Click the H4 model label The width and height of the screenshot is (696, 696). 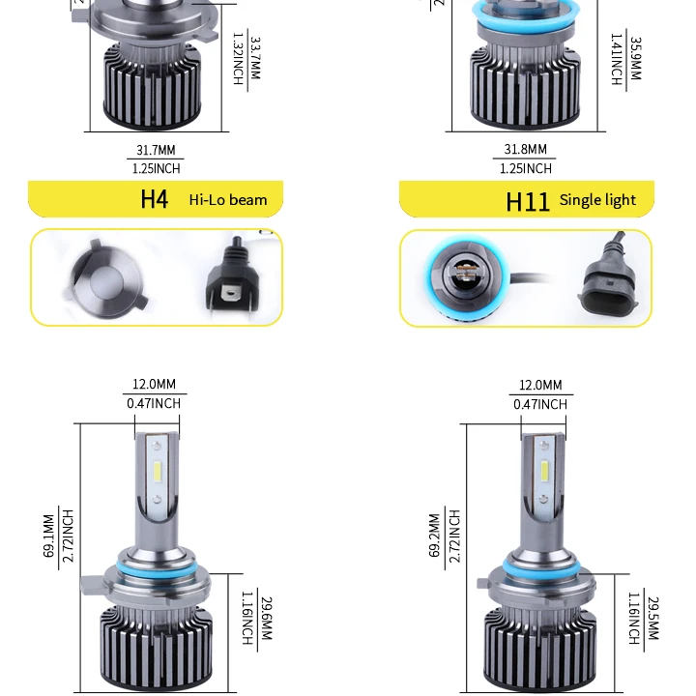pos(154,199)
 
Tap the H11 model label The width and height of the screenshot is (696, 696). pos(527,201)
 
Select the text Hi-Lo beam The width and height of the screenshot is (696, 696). pos(228,200)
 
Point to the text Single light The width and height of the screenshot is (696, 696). pos(597,200)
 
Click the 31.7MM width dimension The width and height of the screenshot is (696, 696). pos(156,151)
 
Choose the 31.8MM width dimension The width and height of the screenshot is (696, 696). pos(526,150)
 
